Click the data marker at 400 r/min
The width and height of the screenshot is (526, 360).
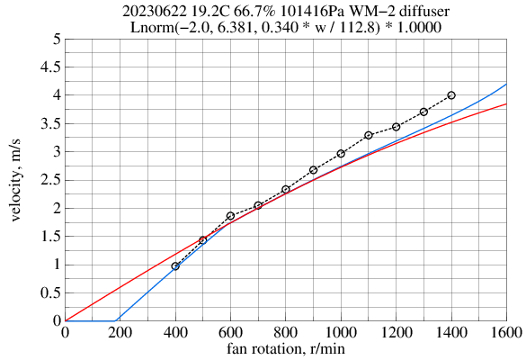(x=175, y=266)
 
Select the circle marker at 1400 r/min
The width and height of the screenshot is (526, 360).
(x=451, y=94)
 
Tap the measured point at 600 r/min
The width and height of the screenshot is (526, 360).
(x=230, y=216)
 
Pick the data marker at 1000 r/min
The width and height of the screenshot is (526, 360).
(x=341, y=154)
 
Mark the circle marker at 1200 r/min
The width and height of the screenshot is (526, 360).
(x=396, y=127)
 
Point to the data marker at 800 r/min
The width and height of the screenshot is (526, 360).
(x=286, y=189)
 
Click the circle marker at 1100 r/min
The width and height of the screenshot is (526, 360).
(x=369, y=135)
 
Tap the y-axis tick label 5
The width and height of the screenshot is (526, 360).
(x=57, y=39)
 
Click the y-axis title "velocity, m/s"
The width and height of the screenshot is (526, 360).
(x=17, y=180)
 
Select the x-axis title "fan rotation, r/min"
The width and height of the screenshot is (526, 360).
(x=286, y=349)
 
